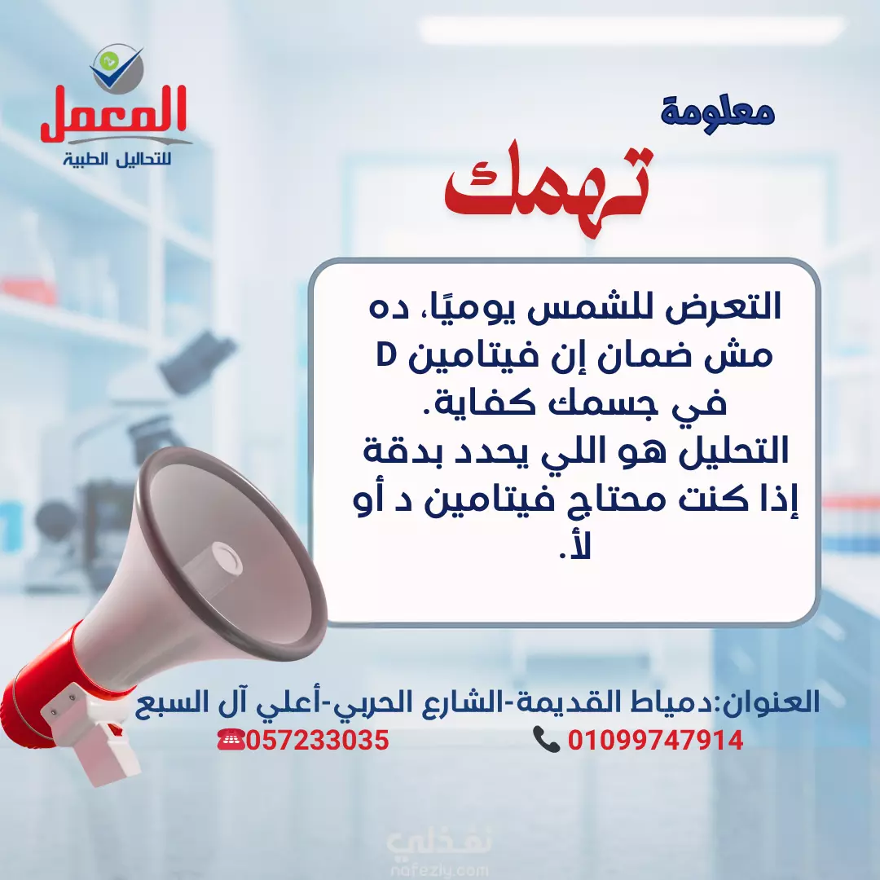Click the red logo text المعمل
coord(112,114)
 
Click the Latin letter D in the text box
coord(386,354)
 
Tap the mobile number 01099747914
coord(655,740)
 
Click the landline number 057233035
coord(317,740)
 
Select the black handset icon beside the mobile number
coord(545,740)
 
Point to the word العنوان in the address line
coord(771,702)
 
